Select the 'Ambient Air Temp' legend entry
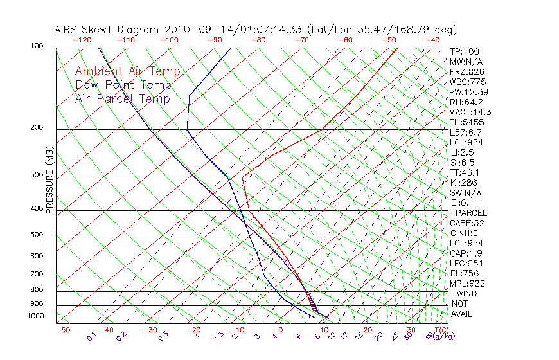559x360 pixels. coord(127,71)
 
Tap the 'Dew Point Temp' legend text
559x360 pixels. coord(123,85)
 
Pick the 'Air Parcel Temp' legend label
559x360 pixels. coord(122,98)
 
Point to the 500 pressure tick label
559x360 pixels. coord(37,235)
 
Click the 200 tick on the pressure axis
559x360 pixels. coord(37,128)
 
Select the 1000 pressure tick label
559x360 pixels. coord(35,316)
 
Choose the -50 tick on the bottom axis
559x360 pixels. coord(62,330)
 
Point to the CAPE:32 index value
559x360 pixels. coord(466,223)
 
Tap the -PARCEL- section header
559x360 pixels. coord(471,213)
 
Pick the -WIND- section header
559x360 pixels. coord(466,293)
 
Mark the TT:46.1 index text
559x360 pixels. coord(465,172)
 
